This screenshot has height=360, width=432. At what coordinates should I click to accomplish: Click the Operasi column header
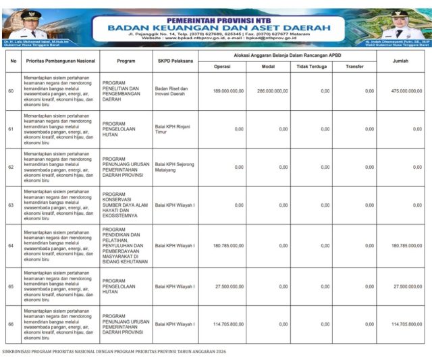[x=222, y=66]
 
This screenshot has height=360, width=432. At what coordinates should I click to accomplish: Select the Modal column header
[x=268, y=66]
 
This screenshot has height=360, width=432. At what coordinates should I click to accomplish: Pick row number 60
[x=11, y=91]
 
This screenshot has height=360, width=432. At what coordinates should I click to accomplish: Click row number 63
[x=11, y=205]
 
